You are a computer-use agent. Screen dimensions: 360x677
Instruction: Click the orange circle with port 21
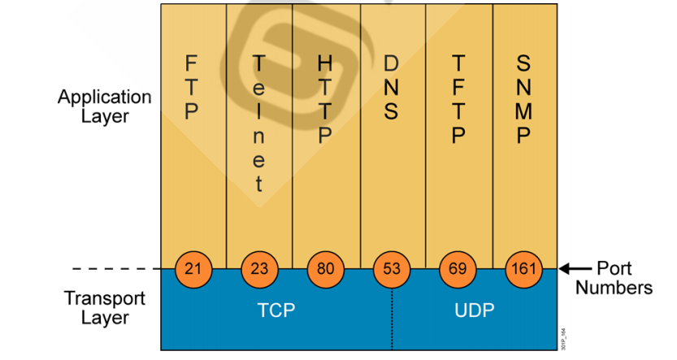click(x=193, y=269)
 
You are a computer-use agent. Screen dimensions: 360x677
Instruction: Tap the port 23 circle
click(x=259, y=269)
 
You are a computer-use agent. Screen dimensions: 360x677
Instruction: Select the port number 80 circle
click(x=325, y=269)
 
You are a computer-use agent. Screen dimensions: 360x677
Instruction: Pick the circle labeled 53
click(x=392, y=269)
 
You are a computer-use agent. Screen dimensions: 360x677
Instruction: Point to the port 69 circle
click(x=458, y=269)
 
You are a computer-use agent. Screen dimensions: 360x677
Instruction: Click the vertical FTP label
click(x=192, y=87)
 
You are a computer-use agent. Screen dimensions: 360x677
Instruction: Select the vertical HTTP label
click(x=325, y=99)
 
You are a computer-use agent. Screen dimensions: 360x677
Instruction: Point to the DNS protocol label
click(x=392, y=87)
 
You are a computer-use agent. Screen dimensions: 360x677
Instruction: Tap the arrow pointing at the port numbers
click(x=576, y=268)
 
